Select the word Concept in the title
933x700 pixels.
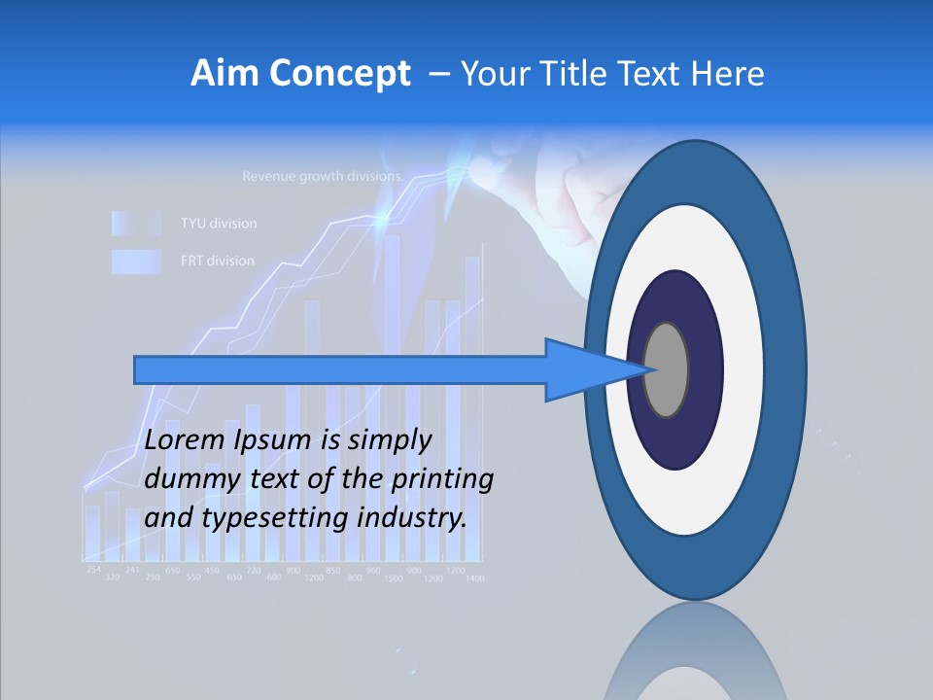(x=339, y=74)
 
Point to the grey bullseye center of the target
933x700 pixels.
(x=666, y=370)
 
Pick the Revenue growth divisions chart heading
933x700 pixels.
(x=322, y=177)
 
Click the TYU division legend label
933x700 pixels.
(x=219, y=224)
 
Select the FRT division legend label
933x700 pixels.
(x=218, y=261)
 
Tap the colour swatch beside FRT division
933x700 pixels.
(x=135, y=261)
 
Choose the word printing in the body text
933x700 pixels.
(x=441, y=479)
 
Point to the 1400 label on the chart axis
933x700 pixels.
(x=475, y=578)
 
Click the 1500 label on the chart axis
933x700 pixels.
(x=394, y=578)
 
